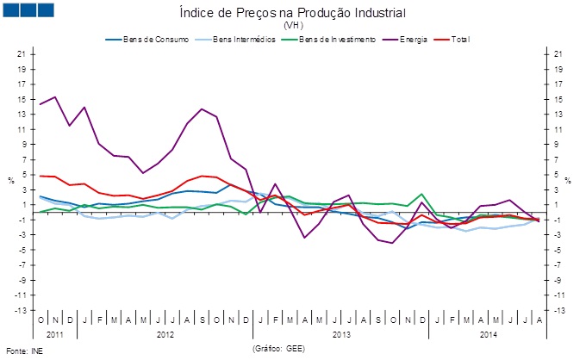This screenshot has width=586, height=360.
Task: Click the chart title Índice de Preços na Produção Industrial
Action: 292,13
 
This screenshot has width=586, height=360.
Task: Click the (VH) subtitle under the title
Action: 293,26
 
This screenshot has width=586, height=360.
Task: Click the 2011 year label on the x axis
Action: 54,332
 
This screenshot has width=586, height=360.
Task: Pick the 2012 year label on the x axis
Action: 165,332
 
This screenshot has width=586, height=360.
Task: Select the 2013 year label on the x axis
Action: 342,332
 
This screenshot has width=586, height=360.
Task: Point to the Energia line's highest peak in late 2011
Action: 55,96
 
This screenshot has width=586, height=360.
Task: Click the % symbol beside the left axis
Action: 10,181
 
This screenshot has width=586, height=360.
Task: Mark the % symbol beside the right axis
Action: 567,181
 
